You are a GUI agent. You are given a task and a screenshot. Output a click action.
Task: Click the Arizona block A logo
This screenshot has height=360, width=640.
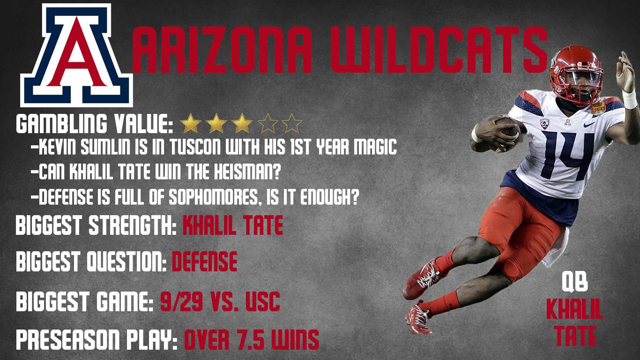pos(76,55)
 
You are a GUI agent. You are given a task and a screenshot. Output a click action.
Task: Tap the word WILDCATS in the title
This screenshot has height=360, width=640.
pos(439,50)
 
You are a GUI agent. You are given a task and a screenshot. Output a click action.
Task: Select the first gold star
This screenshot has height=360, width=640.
pos(191,124)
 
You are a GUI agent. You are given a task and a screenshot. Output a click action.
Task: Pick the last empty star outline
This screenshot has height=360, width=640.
pos(292,124)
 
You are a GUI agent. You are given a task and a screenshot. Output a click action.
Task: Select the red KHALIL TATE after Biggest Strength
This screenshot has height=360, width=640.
pos(233,225)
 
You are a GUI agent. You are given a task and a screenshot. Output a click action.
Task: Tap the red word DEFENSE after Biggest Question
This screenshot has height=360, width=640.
pos(205,262)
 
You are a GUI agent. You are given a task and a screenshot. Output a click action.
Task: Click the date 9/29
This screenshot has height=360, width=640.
pos(181,302)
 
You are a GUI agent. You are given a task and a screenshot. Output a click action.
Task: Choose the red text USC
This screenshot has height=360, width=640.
pos(262,302)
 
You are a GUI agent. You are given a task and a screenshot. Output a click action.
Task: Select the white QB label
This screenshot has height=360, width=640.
pos(574,282)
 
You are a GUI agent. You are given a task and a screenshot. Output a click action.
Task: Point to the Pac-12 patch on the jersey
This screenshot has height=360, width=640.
pos(544,124)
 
